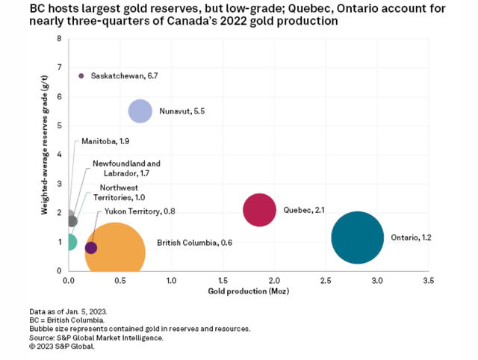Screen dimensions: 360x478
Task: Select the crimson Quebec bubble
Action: pyautogui.click(x=260, y=210)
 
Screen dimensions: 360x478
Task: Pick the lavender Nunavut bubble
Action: pyautogui.click(x=140, y=111)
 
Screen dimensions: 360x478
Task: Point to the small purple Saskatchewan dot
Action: pyautogui.click(x=81, y=75)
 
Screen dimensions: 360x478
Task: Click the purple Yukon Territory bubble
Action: pyautogui.click(x=91, y=248)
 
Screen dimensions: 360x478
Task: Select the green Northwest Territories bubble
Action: pyautogui.click(x=69, y=242)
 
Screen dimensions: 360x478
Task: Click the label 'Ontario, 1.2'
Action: pyautogui.click(x=412, y=238)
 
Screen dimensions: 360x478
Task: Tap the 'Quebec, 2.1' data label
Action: pyautogui.click(x=303, y=210)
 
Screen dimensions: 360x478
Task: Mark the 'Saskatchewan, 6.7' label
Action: pyautogui.click(x=124, y=75)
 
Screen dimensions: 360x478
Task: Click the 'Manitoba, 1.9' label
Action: pyautogui.click(x=105, y=141)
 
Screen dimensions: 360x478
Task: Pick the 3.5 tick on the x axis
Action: pyautogui.click(x=428, y=281)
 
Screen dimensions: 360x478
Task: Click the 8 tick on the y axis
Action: pyautogui.click(x=60, y=38)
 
